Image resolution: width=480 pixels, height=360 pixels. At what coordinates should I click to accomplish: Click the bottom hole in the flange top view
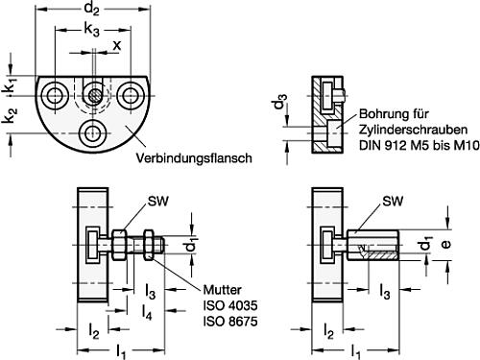(x=93, y=132)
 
